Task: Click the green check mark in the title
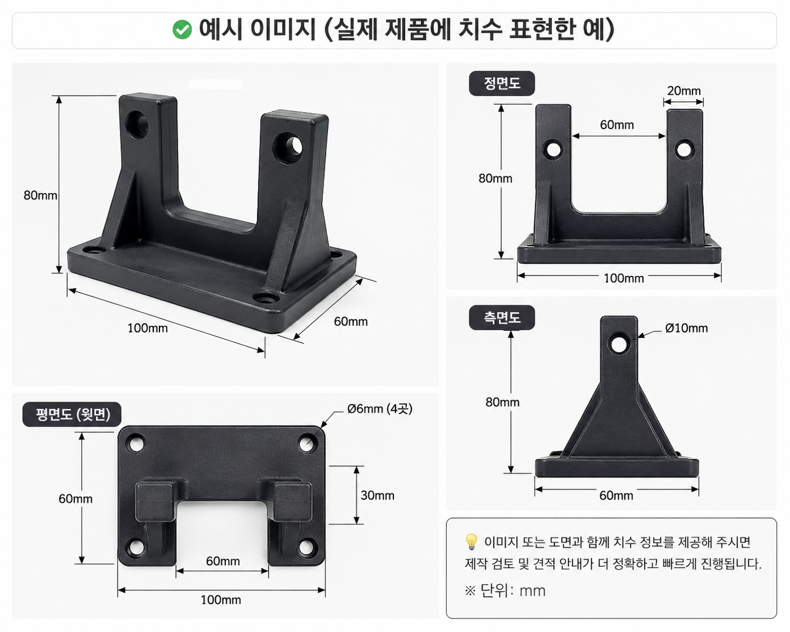(x=182, y=30)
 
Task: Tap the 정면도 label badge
(x=502, y=83)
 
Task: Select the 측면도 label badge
(x=502, y=318)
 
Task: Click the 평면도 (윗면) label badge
(x=72, y=415)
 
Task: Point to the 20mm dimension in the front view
(x=684, y=91)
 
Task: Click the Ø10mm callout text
(x=686, y=328)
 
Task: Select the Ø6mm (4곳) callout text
(x=380, y=408)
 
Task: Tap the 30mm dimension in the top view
(x=378, y=496)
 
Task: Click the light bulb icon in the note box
(x=471, y=542)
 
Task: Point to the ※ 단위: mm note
(x=505, y=591)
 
